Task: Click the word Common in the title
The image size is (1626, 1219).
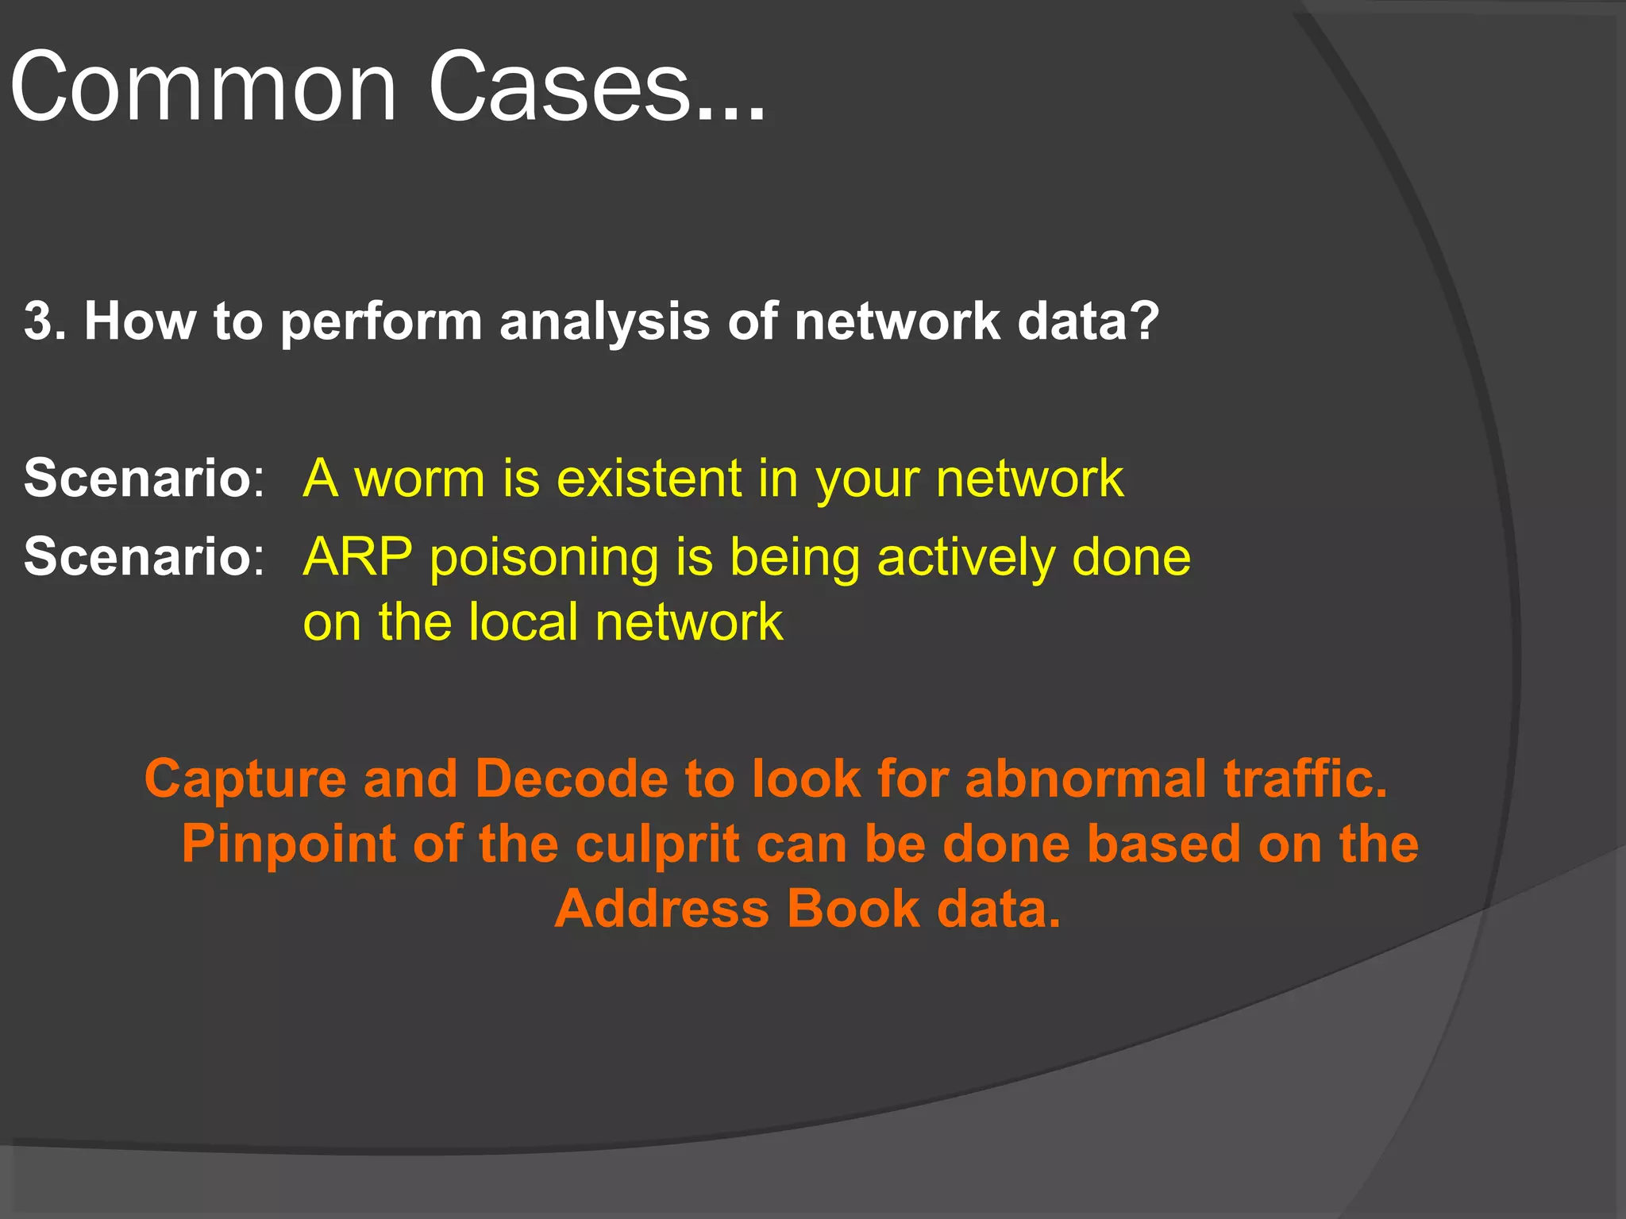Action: coord(202,87)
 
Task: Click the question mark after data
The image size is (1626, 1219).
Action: coord(1144,321)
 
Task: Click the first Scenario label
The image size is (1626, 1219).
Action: coord(137,479)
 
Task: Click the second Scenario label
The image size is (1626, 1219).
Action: coord(137,556)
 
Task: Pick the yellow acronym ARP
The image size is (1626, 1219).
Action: coord(358,556)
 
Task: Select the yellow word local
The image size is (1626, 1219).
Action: coord(522,621)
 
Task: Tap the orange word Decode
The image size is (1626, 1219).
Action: coord(572,779)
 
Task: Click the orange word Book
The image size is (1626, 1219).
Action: coord(853,909)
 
